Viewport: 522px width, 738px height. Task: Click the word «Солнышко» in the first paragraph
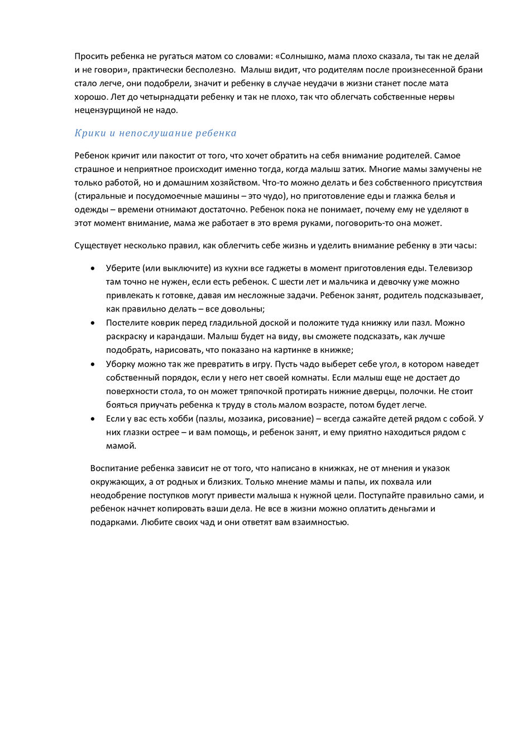303,56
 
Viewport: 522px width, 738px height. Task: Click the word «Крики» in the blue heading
88,133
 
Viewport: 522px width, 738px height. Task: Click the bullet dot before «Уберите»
92,269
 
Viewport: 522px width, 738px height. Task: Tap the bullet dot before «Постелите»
92,323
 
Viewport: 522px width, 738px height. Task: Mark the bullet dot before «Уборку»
92,365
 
